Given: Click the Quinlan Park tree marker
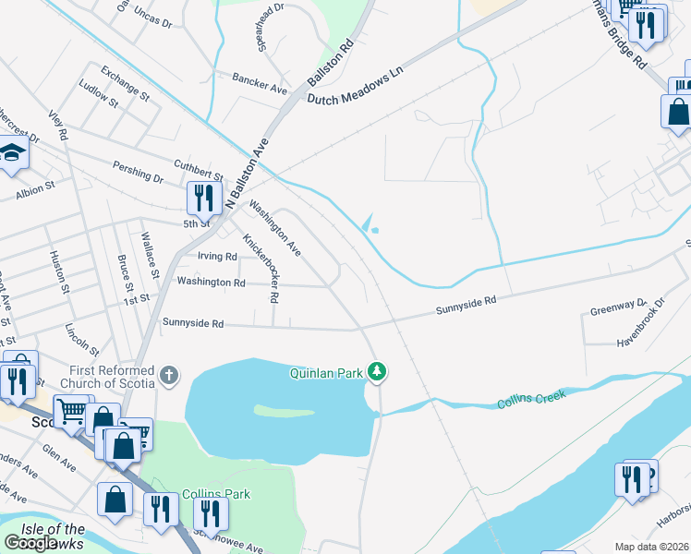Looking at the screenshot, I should pyautogui.click(x=377, y=372).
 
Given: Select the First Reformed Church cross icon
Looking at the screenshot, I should pyautogui.click(x=167, y=375).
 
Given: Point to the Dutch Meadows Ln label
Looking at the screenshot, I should pyautogui.click(x=357, y=85).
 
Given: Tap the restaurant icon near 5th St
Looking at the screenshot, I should pyautogui.click(x=201, y=197).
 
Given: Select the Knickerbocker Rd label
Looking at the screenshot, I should pyautogui.click(x=261, y=268).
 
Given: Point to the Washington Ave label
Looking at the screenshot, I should pyautogui.click(x=275, y=230).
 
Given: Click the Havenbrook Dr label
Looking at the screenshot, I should pyautogui.click(x=641, y=324).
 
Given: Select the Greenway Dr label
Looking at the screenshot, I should pyautogui.click(x=618, y=307).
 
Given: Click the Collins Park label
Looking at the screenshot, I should pyautogui.click(x=216, y=494).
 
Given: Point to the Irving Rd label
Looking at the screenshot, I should pyautogui.click(x=217, y=257).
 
